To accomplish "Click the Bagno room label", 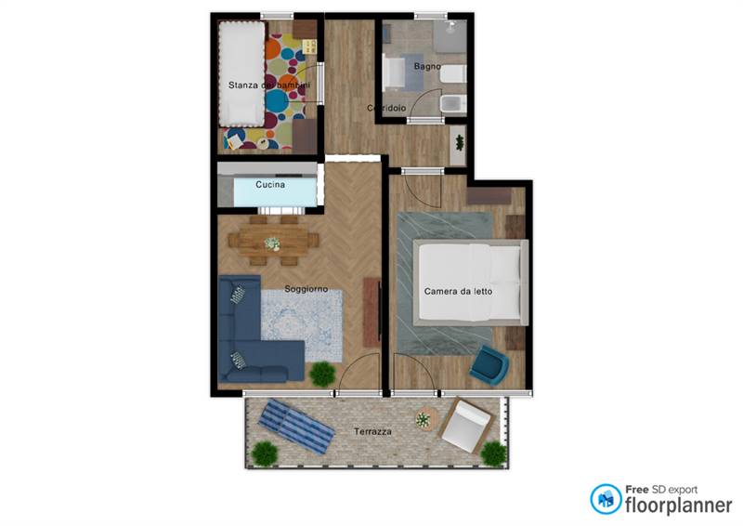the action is click(x=427, y=66).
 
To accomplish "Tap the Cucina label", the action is click(x=270, y=184).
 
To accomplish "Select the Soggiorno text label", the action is click(x=306, y=289).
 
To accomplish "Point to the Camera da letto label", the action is click(x=458, y=291).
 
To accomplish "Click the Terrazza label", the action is click(x=372, y=431).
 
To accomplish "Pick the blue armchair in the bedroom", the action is click(x=489, y=364).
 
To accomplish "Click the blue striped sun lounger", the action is click(x=296, y=426).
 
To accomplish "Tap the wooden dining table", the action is click(x=273, y=241).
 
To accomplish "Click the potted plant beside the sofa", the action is click(x=322, y=374).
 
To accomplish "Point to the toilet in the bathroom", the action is click(x=453, y=74).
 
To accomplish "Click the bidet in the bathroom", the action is click(x=453, y=104).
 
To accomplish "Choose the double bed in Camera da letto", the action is click(x=471, y=283).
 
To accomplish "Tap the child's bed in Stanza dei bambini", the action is click(x=241, y=73).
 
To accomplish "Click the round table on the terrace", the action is click(x=425, y=419).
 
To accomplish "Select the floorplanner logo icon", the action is click(x=606, y=499).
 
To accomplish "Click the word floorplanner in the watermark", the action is click(x=678, y=506).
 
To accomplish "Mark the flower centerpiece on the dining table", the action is click(x=272, y=243).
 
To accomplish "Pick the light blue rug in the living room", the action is click(x=302, y=325).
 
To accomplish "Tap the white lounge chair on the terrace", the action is click(x=466, y=425).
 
